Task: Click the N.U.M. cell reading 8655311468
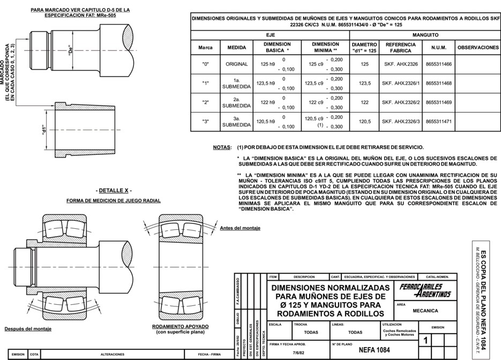[x=438, y=83]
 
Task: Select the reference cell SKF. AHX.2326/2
[x=400, y=102]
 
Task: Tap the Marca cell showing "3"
[x=205, y=122]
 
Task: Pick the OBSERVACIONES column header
[x=478, y=47]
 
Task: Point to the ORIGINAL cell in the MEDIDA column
[x=236, y=64]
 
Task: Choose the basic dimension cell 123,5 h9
[x=266, y=83]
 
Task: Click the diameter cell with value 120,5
[x=364, y=122]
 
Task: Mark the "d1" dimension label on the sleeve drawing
[x=46, y=130]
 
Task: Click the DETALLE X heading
[x=114, y=191]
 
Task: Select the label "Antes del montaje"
[x=240, y=228]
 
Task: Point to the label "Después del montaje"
[x=28, y=328]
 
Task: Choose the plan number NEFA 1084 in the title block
[x=374, y=349]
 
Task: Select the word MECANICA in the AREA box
[x=425, y=311]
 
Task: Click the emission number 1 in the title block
[x=425, y=341]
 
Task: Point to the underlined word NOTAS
[x=222, y=147]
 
